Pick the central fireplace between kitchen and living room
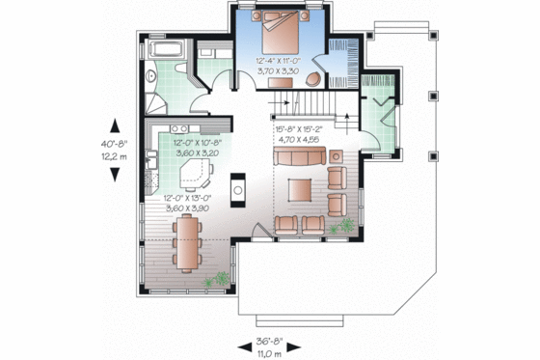pos(236,185)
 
